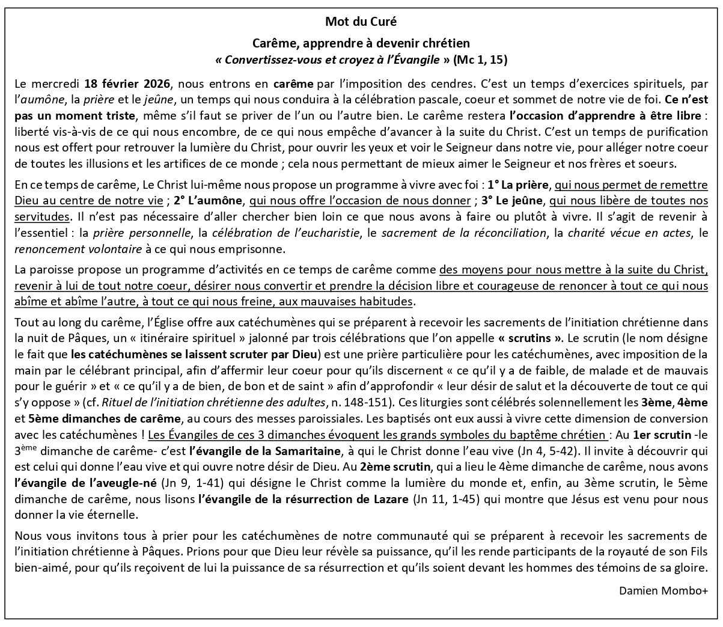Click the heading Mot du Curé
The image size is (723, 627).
[x=361, y=22]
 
